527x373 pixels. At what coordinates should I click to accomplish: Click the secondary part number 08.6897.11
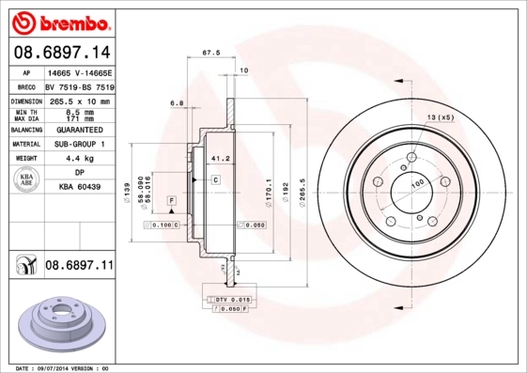coord(79,267)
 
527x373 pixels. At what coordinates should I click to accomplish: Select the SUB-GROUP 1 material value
coord(79,145)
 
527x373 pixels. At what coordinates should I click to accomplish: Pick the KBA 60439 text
coord(79,188)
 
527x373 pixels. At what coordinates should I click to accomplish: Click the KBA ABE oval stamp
coord(27,180)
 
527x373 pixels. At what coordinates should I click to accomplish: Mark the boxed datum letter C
coord(215,179)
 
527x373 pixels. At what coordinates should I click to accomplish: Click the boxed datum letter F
coord(173,201)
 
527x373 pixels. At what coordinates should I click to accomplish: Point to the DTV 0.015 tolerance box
coord(228,298)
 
